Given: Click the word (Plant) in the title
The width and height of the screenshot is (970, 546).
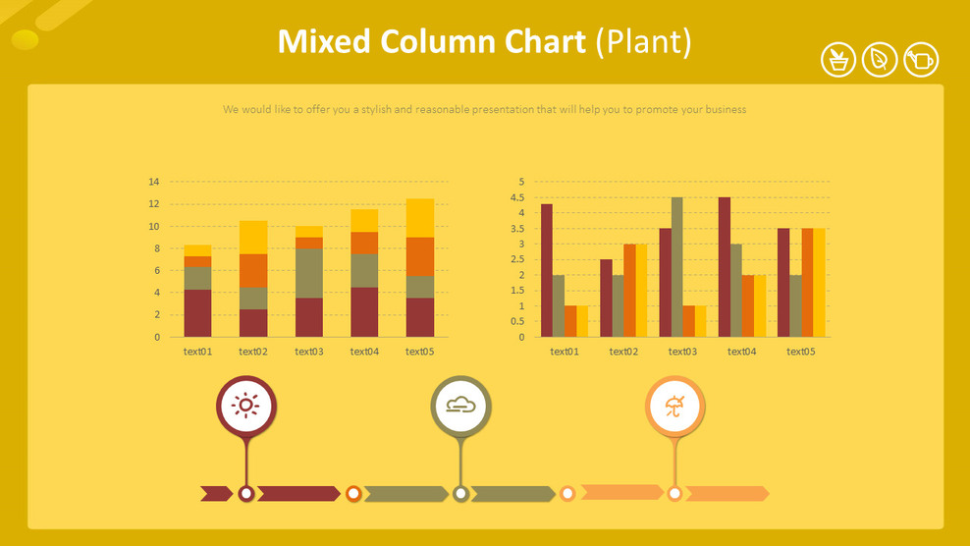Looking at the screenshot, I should pyautogui.click(x=644, y=41).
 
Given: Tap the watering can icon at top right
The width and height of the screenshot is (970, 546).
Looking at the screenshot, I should pyautogui.click(x=921, y=60).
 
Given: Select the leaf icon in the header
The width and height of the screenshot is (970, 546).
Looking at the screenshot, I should pyautogui.click(x=880, y=60).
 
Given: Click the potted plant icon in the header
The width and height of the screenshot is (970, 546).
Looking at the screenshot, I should pyautogui.click(x=838, y=60).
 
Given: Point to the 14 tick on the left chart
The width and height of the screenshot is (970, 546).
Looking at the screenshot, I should pyautogui.click(x=153, y=182).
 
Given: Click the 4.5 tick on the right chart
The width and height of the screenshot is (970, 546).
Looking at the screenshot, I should pyautogui.click(x=518, y=197).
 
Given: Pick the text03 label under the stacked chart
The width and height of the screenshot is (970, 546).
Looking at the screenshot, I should pyautogui.click(x=308, y=352).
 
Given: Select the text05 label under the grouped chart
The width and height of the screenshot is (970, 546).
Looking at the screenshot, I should pyautogui.click(x=800, y=352).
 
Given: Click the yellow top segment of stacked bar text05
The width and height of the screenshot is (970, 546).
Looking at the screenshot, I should pyautogui.click(x=420, y=218).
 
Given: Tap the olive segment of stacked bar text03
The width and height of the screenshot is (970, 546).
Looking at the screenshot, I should pyautogui.click(x=309, y=273).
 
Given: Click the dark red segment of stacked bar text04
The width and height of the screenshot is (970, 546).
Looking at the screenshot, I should pyautogui.click(x=364, y=312).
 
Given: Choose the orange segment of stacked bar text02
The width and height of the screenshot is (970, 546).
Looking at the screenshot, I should pyautogui.click(x=253, y=270).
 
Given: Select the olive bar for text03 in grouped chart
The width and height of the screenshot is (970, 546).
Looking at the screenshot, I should pyautogui.click(x=677, y=267).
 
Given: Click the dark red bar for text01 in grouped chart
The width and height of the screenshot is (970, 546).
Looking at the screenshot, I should pyautogui.click(x=547, y=271).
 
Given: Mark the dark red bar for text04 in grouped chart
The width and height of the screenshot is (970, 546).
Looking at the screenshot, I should pyautogui.click(x=724, y=267).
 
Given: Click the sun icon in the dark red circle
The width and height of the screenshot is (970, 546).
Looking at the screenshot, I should pyautogui.click(x=245, y=406).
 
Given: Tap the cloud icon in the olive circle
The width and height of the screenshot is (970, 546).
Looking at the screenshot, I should pyautogui.click(x=460, y=406).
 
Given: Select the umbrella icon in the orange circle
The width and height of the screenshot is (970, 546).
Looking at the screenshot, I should pyautogui.click(x=674, y=406).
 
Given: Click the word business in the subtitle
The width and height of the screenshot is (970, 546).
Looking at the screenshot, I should pyautogui.click(x=723, y=110).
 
